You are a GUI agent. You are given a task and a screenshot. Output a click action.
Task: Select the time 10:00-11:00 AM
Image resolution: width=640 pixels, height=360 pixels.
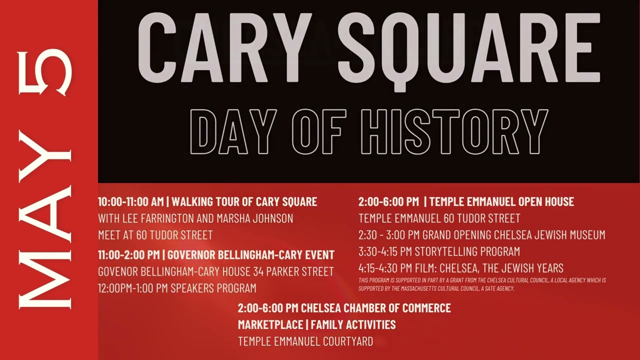pyautogui.click(x=130, y=202)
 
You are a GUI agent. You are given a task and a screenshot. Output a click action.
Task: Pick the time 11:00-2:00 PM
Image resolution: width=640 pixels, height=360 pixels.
pyautogui.click(x=128, y=255)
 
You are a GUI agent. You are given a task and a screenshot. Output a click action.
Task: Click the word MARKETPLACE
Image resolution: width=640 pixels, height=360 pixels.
pyautogui.click(x=270, y=324)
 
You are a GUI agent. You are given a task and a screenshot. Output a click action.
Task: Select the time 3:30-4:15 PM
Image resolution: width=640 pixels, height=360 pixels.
pyautogui.click(x=383, y=251)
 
